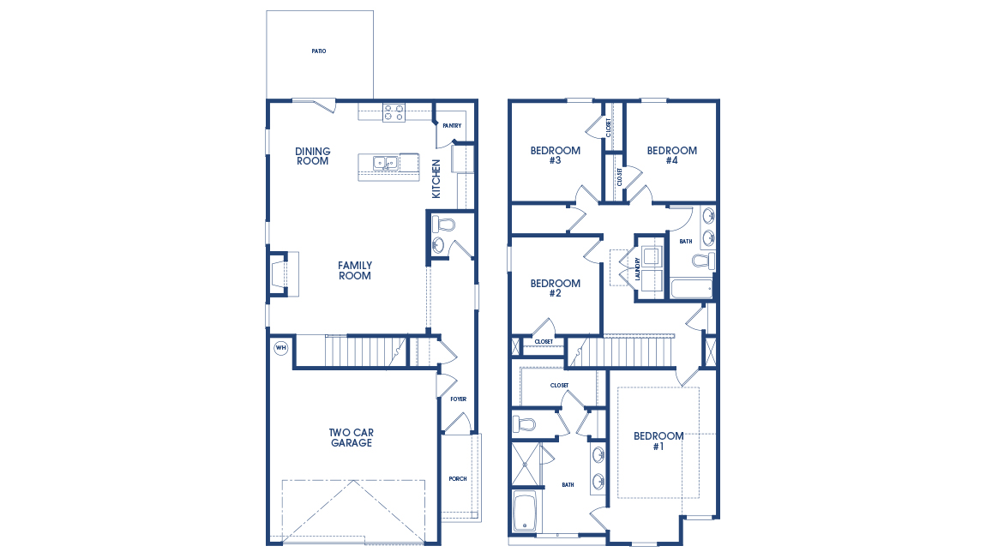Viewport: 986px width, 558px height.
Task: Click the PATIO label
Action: [x=319, y=51]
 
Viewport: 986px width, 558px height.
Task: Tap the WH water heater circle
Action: [x=280, y=348]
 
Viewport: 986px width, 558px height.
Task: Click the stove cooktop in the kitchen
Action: [x=394, y=111]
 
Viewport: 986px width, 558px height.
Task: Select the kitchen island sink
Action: [x=384, y=162]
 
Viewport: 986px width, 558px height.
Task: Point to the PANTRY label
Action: [x=452, y=126]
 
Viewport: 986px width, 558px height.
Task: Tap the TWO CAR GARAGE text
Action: [x=352, y=437]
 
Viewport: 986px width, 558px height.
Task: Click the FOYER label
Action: [x=458, y=399]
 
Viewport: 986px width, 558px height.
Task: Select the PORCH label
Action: [x=458, y=479]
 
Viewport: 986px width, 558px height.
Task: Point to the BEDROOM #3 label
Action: [x=555, y=155]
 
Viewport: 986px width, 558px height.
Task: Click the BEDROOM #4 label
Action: [x=671, y=155]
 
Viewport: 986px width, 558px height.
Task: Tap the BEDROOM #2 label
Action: [x=555, y=288]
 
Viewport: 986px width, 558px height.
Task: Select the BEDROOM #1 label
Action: [x=658, y=441]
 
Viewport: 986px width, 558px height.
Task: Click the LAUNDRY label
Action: [x=639, y=268]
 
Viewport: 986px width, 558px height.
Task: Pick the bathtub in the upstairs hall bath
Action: [x=691, y=289]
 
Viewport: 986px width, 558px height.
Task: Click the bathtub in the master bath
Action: [x=524, y=511]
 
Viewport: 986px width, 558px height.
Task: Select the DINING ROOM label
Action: [x=312, y=156]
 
